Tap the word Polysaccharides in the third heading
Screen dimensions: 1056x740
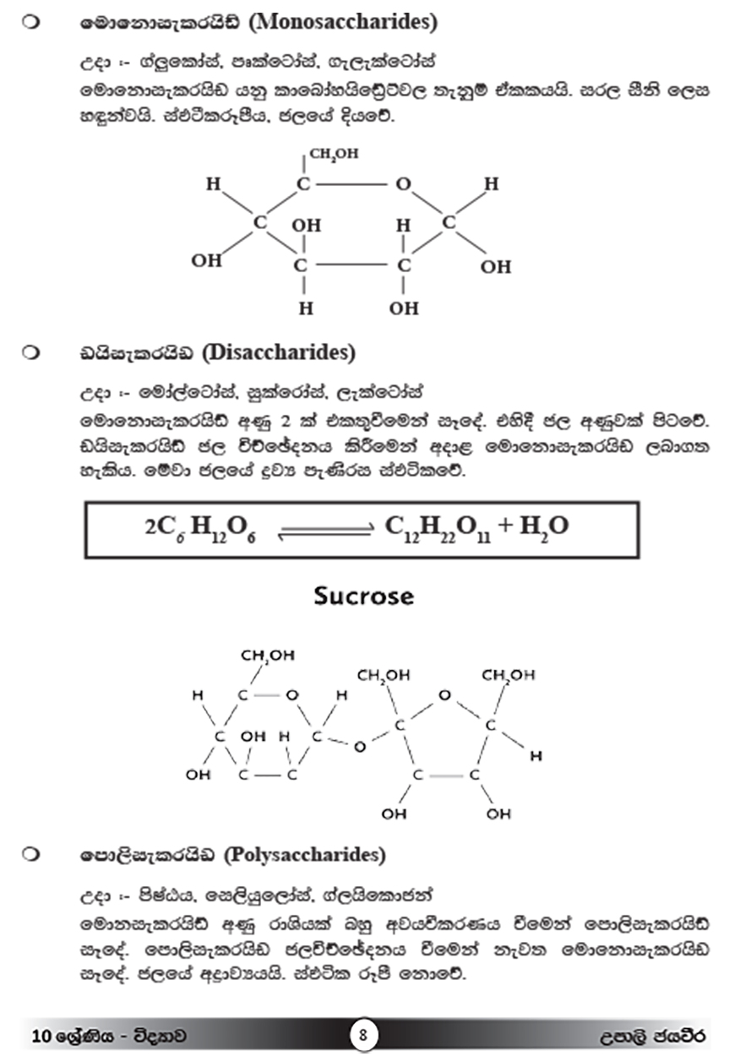[x=304, y=855]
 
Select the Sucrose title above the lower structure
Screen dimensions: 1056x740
[x=364, y=596]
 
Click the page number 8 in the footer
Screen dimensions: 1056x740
[x=362, y=1035]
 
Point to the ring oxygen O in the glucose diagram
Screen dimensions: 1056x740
[x=404, y=184]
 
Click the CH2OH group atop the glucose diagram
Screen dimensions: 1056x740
[x=334, y=155]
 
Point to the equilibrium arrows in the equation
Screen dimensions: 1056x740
[x=326, y=530]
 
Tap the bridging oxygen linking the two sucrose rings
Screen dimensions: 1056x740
[x=360, y=746]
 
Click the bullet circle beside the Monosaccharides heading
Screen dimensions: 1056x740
[x=31, y=23]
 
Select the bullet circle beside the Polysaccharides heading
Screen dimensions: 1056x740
[x=31, y=855]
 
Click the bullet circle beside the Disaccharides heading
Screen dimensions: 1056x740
[x=31, y=351]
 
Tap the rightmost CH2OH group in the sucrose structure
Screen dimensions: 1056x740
[x=508, y=675]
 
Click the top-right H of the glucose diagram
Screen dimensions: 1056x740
[x=491, y=183]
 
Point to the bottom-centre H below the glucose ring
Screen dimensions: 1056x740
[x=306, y=308]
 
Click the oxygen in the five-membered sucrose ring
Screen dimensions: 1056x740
[x=445, y=695]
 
